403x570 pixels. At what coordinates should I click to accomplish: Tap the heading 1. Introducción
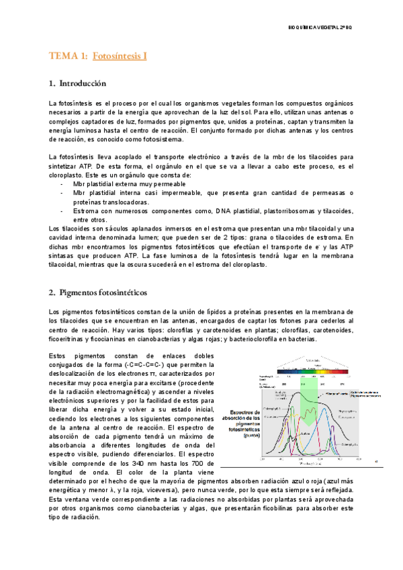point(78,84)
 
